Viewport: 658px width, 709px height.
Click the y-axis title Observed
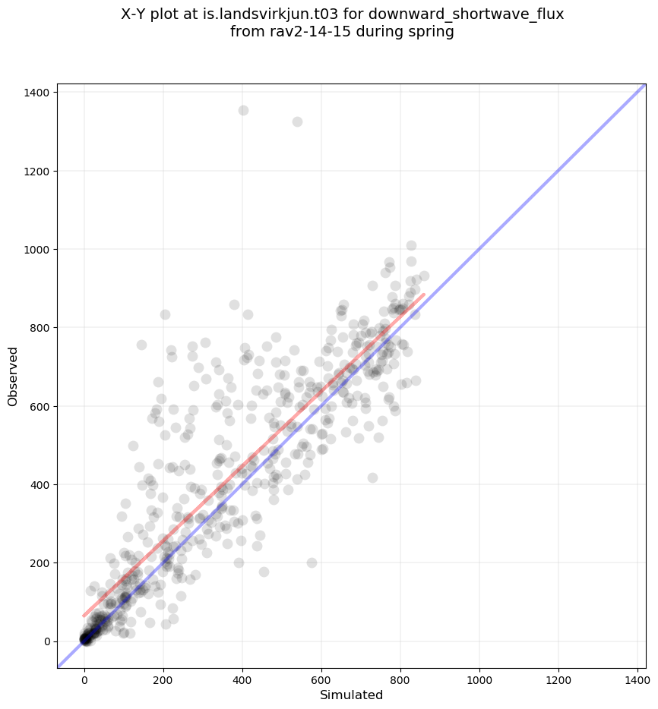13,376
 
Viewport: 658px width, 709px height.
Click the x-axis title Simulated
351,695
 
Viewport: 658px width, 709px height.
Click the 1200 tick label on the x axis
558,674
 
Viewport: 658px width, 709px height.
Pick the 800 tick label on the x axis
400,674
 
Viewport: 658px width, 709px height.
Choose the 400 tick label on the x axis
242,674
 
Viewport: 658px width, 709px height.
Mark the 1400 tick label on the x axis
637,674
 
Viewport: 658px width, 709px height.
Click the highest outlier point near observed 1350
243,110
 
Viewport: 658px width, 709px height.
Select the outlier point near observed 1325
297,121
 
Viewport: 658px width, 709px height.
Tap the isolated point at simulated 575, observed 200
312,562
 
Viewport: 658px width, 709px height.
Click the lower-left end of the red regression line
84,616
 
